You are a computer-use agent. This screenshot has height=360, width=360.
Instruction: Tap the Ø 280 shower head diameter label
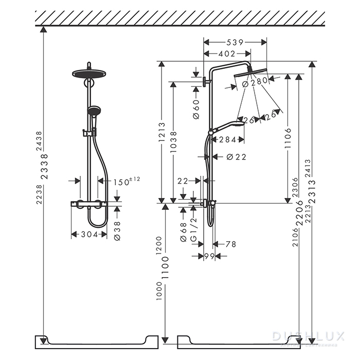256,82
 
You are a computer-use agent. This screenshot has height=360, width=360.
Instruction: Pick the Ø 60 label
196,109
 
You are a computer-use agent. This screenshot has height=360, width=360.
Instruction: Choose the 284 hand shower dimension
227,139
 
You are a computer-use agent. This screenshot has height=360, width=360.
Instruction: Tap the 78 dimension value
230,244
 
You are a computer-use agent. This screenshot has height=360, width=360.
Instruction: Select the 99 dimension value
209,256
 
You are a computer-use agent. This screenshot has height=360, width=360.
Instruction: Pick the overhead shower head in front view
89,74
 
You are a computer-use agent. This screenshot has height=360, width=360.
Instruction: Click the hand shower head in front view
94,111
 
